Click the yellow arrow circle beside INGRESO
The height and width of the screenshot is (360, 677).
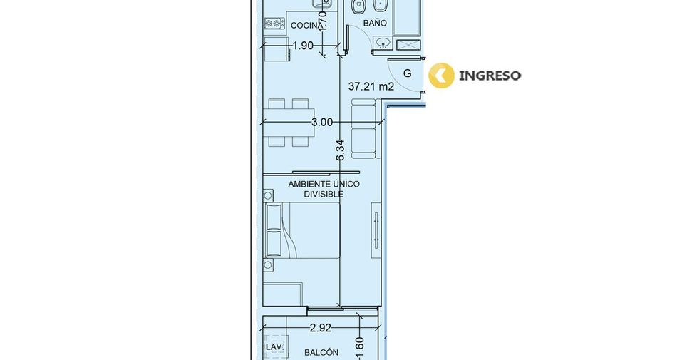[441, 76]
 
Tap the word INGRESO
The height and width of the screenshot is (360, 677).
[490, 76]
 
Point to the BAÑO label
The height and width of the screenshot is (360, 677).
[375, 22]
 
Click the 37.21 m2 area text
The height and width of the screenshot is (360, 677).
[371, 86]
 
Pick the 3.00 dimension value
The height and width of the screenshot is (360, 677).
[322, 122]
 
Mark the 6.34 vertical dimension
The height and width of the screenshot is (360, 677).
[340, 150]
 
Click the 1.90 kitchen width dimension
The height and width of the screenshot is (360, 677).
[303, 46]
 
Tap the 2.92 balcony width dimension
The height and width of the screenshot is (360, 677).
[321, 328]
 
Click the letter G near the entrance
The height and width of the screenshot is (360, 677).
[407, 73]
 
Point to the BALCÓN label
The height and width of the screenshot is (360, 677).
[321, 353]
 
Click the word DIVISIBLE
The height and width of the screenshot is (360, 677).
[324, 194]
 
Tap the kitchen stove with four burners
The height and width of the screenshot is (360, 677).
[274, 24]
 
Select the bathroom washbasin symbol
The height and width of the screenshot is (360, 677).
[383, 43]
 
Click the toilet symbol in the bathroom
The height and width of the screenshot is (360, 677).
[358, 6]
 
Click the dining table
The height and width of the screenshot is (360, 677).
[289, 123]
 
